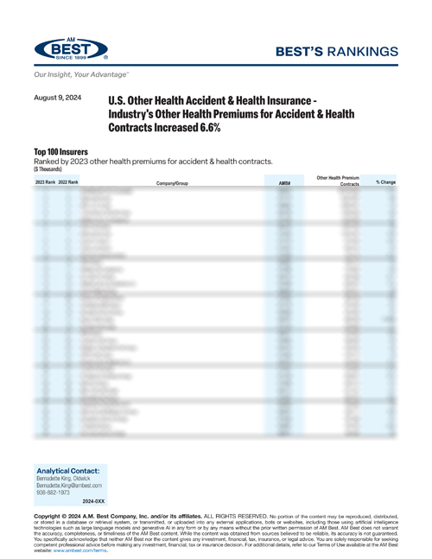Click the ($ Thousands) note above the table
(48, 168)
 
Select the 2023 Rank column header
(45, 183)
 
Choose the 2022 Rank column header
(67, 183)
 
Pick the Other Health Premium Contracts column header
(338, 181)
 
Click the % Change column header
(385, 182)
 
